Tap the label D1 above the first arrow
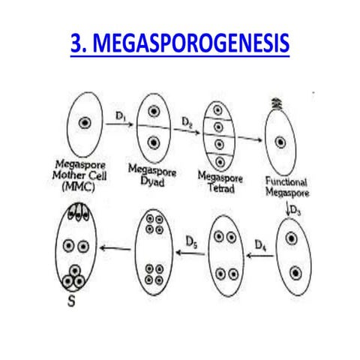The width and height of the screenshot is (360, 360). [x=120, y=115]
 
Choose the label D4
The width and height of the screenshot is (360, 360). [x=260, y=244]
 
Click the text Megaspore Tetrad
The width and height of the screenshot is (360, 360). [x=217, y=181]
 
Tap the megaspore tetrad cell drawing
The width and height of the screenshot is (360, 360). [x=218, y=133]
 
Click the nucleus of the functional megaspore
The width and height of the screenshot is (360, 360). [x=280, y=141]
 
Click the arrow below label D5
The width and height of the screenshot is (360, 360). [x=191, y=253]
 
